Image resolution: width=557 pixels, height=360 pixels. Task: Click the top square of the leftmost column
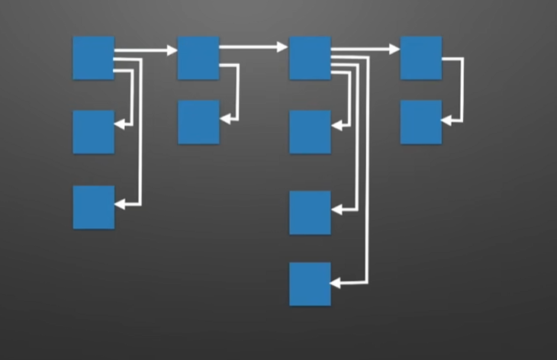(93, 57)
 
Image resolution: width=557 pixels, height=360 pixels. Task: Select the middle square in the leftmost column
(93, 131)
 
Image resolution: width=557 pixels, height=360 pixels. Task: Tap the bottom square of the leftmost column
(93, 207)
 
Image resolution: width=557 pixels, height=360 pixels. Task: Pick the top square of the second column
(198, 57)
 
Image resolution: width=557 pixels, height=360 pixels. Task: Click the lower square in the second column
(198, 122)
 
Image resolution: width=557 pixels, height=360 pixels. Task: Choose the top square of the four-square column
(310, 57)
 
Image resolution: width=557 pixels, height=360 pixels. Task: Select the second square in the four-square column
(310, 131)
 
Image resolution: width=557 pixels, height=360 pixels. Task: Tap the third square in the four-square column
(310, 212)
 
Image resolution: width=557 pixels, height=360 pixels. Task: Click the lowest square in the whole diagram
(310, 284)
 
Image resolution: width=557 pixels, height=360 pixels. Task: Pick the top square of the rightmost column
(421, 57)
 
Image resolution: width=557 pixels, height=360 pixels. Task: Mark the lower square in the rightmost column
(421, 122)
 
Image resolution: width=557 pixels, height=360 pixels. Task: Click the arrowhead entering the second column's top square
(172, 51)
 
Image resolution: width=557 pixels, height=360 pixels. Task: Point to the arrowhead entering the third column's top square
(283, 47)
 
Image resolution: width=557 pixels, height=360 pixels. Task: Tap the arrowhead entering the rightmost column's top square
(394, 50)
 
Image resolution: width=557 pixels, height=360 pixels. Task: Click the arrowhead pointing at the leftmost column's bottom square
(120, 204)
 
